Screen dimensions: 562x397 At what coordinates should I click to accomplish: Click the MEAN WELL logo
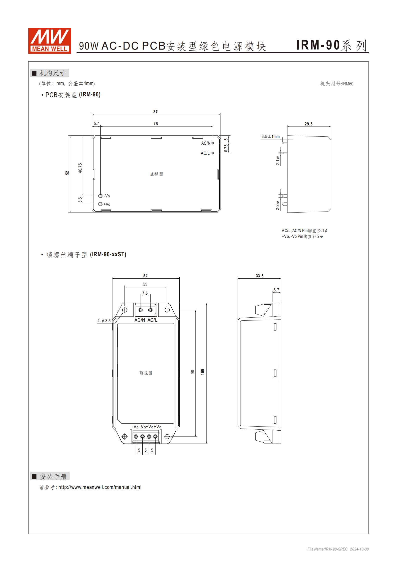50,41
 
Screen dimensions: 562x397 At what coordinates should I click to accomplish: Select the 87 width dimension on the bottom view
155,112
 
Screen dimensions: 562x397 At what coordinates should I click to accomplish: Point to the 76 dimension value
156,124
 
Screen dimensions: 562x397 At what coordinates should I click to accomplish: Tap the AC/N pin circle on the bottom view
213,143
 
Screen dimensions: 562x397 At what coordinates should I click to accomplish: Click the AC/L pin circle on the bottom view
213,153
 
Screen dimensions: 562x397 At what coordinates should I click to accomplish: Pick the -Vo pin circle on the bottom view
100,196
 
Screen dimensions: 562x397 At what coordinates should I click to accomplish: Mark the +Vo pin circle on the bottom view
100,204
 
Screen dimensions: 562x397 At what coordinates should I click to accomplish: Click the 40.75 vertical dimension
80,168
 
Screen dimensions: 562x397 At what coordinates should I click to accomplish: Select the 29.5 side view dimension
308,124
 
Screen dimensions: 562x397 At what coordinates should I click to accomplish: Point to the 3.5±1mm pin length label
270,136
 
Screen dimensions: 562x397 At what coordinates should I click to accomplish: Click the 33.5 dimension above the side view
259,276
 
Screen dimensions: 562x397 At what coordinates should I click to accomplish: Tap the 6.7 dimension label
276,290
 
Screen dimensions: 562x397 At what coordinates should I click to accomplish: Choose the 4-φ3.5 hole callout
104,321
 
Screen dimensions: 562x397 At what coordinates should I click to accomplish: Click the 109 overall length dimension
203,372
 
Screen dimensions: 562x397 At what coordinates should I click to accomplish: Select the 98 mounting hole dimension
193,372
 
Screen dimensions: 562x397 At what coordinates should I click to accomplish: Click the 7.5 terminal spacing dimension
145,293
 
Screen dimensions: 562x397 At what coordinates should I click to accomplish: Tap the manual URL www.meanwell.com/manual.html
100,487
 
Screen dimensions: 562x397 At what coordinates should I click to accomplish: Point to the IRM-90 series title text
331,45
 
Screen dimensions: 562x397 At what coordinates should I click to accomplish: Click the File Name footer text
338,549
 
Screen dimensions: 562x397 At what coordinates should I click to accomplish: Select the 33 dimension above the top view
145,284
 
